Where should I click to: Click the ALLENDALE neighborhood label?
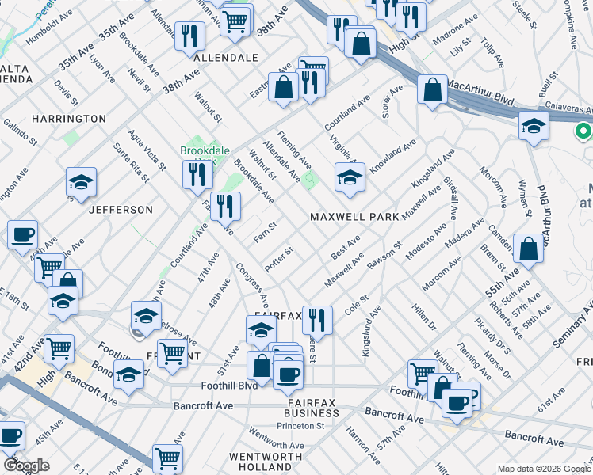pos(226,58)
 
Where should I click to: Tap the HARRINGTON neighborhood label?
pos(68,118)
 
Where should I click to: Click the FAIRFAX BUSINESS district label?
pos(312,408)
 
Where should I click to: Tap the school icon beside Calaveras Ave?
pos(534,127)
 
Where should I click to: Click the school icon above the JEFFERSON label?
pos(81,183)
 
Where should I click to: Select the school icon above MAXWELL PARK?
pos(350,178)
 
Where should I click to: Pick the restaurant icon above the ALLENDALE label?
pos(189,36)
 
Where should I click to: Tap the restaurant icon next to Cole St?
pos(316,321)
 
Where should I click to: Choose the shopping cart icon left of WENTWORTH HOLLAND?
pos(167,458)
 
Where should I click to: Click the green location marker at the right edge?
pos(584,132)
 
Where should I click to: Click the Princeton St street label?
pos(300,425)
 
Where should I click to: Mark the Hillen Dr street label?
pos(424,314)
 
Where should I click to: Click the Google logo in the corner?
pos(25,465)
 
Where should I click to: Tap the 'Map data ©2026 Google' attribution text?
pos(543,469)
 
